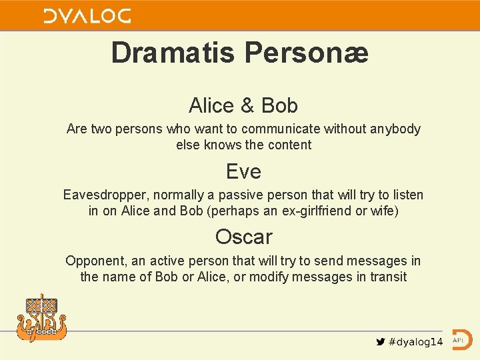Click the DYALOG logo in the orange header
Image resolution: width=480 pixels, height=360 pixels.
pos(87,16)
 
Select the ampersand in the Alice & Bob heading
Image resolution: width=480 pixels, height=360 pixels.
pos(247,105)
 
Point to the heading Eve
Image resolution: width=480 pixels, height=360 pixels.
pos(243,171)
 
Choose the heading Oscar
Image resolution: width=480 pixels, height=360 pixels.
pos(243,237)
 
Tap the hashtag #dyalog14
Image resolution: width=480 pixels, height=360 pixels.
pos(415,342)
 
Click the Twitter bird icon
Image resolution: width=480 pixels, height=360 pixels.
pos(380,342)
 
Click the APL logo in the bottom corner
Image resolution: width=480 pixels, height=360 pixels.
pos(461,339)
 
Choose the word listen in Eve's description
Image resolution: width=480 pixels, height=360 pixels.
pos(406,195)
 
